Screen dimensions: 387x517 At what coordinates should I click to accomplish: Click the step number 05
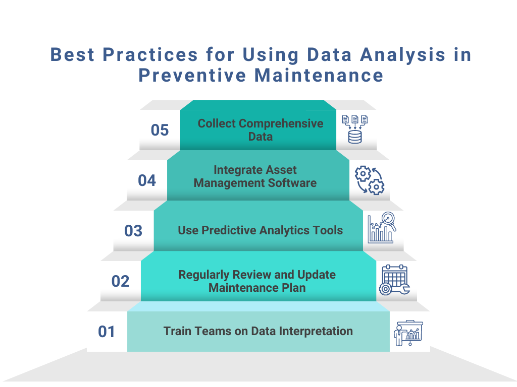coord(160,130)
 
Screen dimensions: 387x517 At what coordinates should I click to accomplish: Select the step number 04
coord(147,180)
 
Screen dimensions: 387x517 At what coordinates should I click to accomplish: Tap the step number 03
coord(134,231)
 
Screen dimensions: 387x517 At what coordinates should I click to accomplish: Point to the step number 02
coord(121,281)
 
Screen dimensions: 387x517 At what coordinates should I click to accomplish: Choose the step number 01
coord(107,332)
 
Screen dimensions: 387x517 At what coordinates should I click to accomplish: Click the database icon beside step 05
coord(355,130)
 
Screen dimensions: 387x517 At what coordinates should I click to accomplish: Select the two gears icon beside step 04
coord(369,180)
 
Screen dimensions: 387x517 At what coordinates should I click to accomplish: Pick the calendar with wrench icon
coord(394,280)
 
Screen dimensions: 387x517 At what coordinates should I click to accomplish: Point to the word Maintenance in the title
coord(319,75)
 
